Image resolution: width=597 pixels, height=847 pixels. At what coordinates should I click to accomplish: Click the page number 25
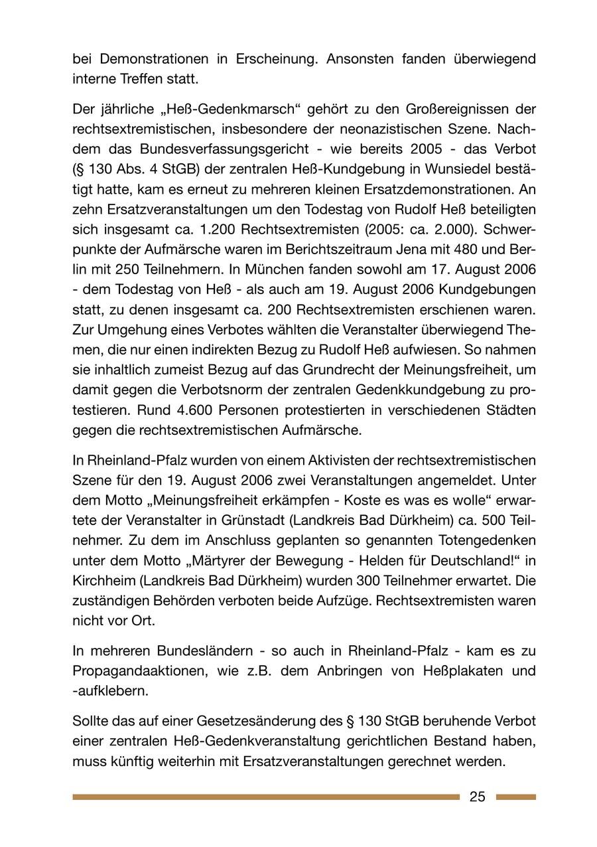[478, 797]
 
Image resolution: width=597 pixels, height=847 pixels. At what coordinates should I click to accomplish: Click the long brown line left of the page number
[265, 797]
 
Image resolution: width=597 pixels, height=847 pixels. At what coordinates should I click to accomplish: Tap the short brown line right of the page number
[515, 797]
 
